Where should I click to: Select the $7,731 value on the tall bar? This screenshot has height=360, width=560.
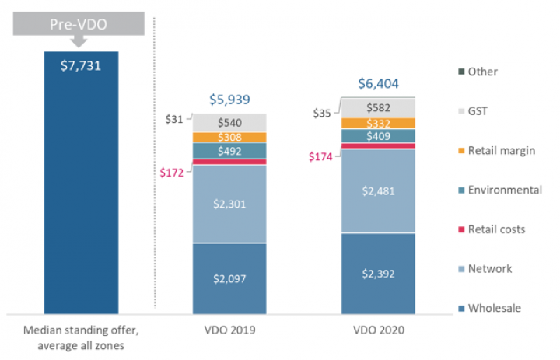click(81, 65)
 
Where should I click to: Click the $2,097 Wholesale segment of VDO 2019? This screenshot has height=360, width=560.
click(229, 278)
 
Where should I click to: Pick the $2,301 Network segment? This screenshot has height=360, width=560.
click(229, 204)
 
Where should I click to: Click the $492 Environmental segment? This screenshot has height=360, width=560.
click(229, 151)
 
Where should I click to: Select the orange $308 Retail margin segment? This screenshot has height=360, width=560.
click(229, 137)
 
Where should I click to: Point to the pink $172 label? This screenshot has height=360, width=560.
click(170, 172)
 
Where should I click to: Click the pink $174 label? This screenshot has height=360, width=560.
click(320, 156)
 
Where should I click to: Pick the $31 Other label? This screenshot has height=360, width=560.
click(174, 118)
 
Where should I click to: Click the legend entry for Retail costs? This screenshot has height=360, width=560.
click(495, 229)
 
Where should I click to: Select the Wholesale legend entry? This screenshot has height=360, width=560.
click(494, 309)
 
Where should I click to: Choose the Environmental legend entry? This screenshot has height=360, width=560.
click(503, 190)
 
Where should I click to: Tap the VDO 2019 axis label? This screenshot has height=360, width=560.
click(229, 329)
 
